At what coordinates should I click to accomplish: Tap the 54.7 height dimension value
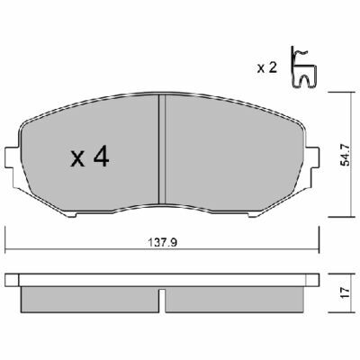pyautogui.click(x=346, y=155)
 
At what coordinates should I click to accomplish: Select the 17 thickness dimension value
pyautogui.click(x=346, y=292)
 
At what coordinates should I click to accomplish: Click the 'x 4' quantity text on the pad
pyautogui.click(x=89, y=157)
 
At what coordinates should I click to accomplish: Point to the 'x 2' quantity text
pyautogui.click(x=266, y=68)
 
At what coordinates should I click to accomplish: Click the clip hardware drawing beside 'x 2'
pyautogui.click(x=303, y=67)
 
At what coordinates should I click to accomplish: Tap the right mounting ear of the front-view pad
pyautogui.click(x=312, y=157)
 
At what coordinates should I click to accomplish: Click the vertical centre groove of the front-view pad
pyautogui.click(x=162, y=149)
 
